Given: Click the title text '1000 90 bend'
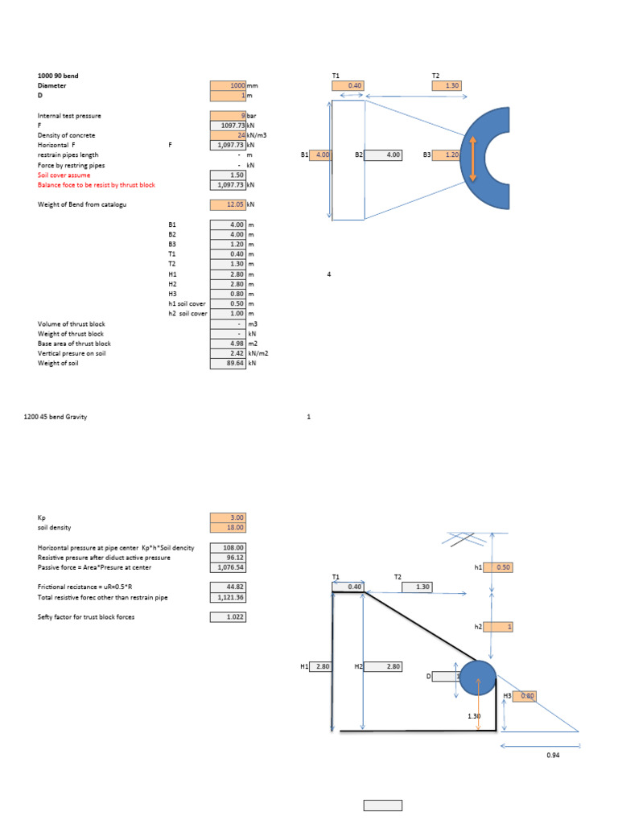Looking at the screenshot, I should click(58, 76).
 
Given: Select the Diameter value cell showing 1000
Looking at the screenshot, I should click(228, 85).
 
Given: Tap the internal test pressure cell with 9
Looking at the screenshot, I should click(228, 116).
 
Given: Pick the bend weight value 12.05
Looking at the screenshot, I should click(228, 205).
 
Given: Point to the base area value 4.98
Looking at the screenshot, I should click(228, 344).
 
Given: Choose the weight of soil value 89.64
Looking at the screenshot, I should click(228, 364).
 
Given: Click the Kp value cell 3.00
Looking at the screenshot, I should click(228, 517).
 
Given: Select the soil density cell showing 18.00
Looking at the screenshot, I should click(228, 527).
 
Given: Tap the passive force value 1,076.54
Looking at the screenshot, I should click(228, 567).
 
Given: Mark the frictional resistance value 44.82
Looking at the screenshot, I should click(228, 587).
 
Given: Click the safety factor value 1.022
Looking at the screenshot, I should click(228, 617).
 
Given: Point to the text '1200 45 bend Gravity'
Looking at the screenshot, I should click(56, 417).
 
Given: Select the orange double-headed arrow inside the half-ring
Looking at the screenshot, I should click(472, 155).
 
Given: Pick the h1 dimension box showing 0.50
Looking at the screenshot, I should click(497, 567).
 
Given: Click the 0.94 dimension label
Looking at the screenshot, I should click(552, 756).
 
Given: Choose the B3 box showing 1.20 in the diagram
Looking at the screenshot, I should click(447, 155).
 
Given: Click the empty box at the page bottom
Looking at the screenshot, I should click(382, 805).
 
